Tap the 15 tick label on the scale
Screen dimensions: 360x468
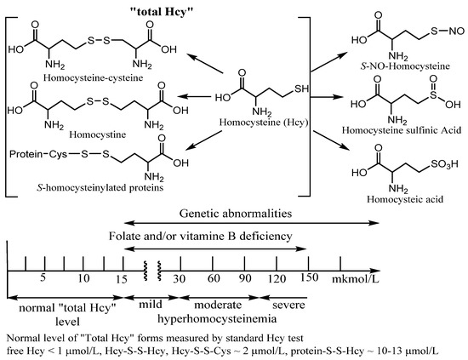pos(123,279)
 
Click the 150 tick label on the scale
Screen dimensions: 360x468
pos(308,279)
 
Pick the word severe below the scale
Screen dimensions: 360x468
pos(288,303)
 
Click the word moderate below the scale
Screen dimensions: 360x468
pos(218,303)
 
